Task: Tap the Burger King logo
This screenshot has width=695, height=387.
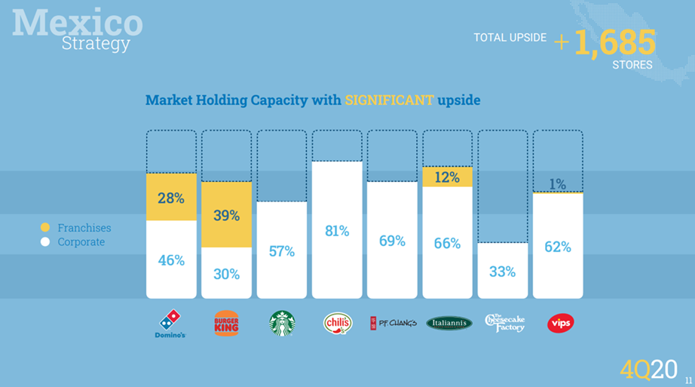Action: click(x=226, y=324)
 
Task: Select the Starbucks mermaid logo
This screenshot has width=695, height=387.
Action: click(x=282, y=324)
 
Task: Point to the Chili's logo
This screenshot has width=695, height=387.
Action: click(x=338, y=324)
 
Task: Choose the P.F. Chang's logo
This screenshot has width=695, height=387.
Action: click(x=393, y=324)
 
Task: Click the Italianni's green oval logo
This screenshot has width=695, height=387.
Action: click(x=449, y=324)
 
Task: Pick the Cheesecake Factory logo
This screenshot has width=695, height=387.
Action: click(x=504, y=324)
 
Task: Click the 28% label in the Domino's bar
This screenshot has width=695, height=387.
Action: click(x=171, y=198)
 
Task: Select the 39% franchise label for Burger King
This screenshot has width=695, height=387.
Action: click(x=226, y=216)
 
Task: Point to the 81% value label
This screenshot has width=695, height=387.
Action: click(x=337, y=231)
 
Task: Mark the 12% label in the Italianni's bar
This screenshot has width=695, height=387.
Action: click(x=448, y=178)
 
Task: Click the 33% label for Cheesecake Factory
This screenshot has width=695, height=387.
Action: click(x=503, y=272)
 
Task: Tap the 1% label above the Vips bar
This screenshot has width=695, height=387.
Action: click(x=558, y=183)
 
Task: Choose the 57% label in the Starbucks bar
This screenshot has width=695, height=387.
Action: click(x=282, y=251)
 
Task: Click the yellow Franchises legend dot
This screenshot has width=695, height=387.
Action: click(x=45, y=228)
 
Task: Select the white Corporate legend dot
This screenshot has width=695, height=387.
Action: click(x=45, y=242)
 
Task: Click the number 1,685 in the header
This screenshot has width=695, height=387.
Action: click(x=615, y=42)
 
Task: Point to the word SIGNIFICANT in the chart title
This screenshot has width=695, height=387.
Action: click(x=389, y=100)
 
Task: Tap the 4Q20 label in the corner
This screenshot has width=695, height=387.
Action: click(x=648, y=369)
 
